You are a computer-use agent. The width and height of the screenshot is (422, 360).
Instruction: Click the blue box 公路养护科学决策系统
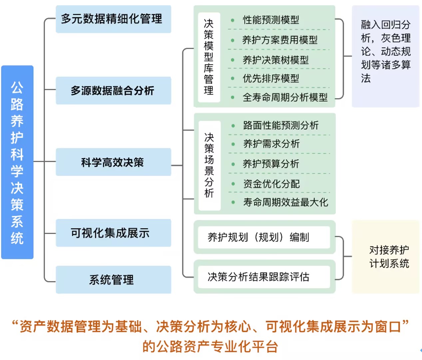coord(17,162)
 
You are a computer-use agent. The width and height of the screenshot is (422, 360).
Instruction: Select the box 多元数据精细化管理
coord(113,19)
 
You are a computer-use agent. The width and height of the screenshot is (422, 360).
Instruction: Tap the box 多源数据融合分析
coord(113,91)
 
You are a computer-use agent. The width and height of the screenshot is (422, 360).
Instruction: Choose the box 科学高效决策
coord(113,162)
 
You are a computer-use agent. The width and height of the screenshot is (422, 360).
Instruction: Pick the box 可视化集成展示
coord(113,233)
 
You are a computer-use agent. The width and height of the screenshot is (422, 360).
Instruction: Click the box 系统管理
coord(113,280)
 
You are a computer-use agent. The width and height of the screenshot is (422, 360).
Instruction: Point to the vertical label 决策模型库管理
coord(209,57)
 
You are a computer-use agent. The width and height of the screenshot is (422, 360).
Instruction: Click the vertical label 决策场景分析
coord(209,165)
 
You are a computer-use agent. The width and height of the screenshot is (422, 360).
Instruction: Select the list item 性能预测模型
coord(271,20)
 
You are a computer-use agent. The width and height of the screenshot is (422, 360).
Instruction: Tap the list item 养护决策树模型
coord(275,60)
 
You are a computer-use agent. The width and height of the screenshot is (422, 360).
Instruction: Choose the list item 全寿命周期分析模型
coord(285,97)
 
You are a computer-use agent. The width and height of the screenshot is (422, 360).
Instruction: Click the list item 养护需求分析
coord(271,144)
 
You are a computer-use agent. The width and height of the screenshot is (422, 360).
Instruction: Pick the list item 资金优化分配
coord(271,184)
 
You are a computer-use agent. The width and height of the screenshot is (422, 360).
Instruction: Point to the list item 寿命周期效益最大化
coord(285,202)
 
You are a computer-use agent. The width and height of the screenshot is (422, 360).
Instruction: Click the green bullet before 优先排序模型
coord(232,79)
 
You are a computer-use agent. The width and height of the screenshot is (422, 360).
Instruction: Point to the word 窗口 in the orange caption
coord(388,327)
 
